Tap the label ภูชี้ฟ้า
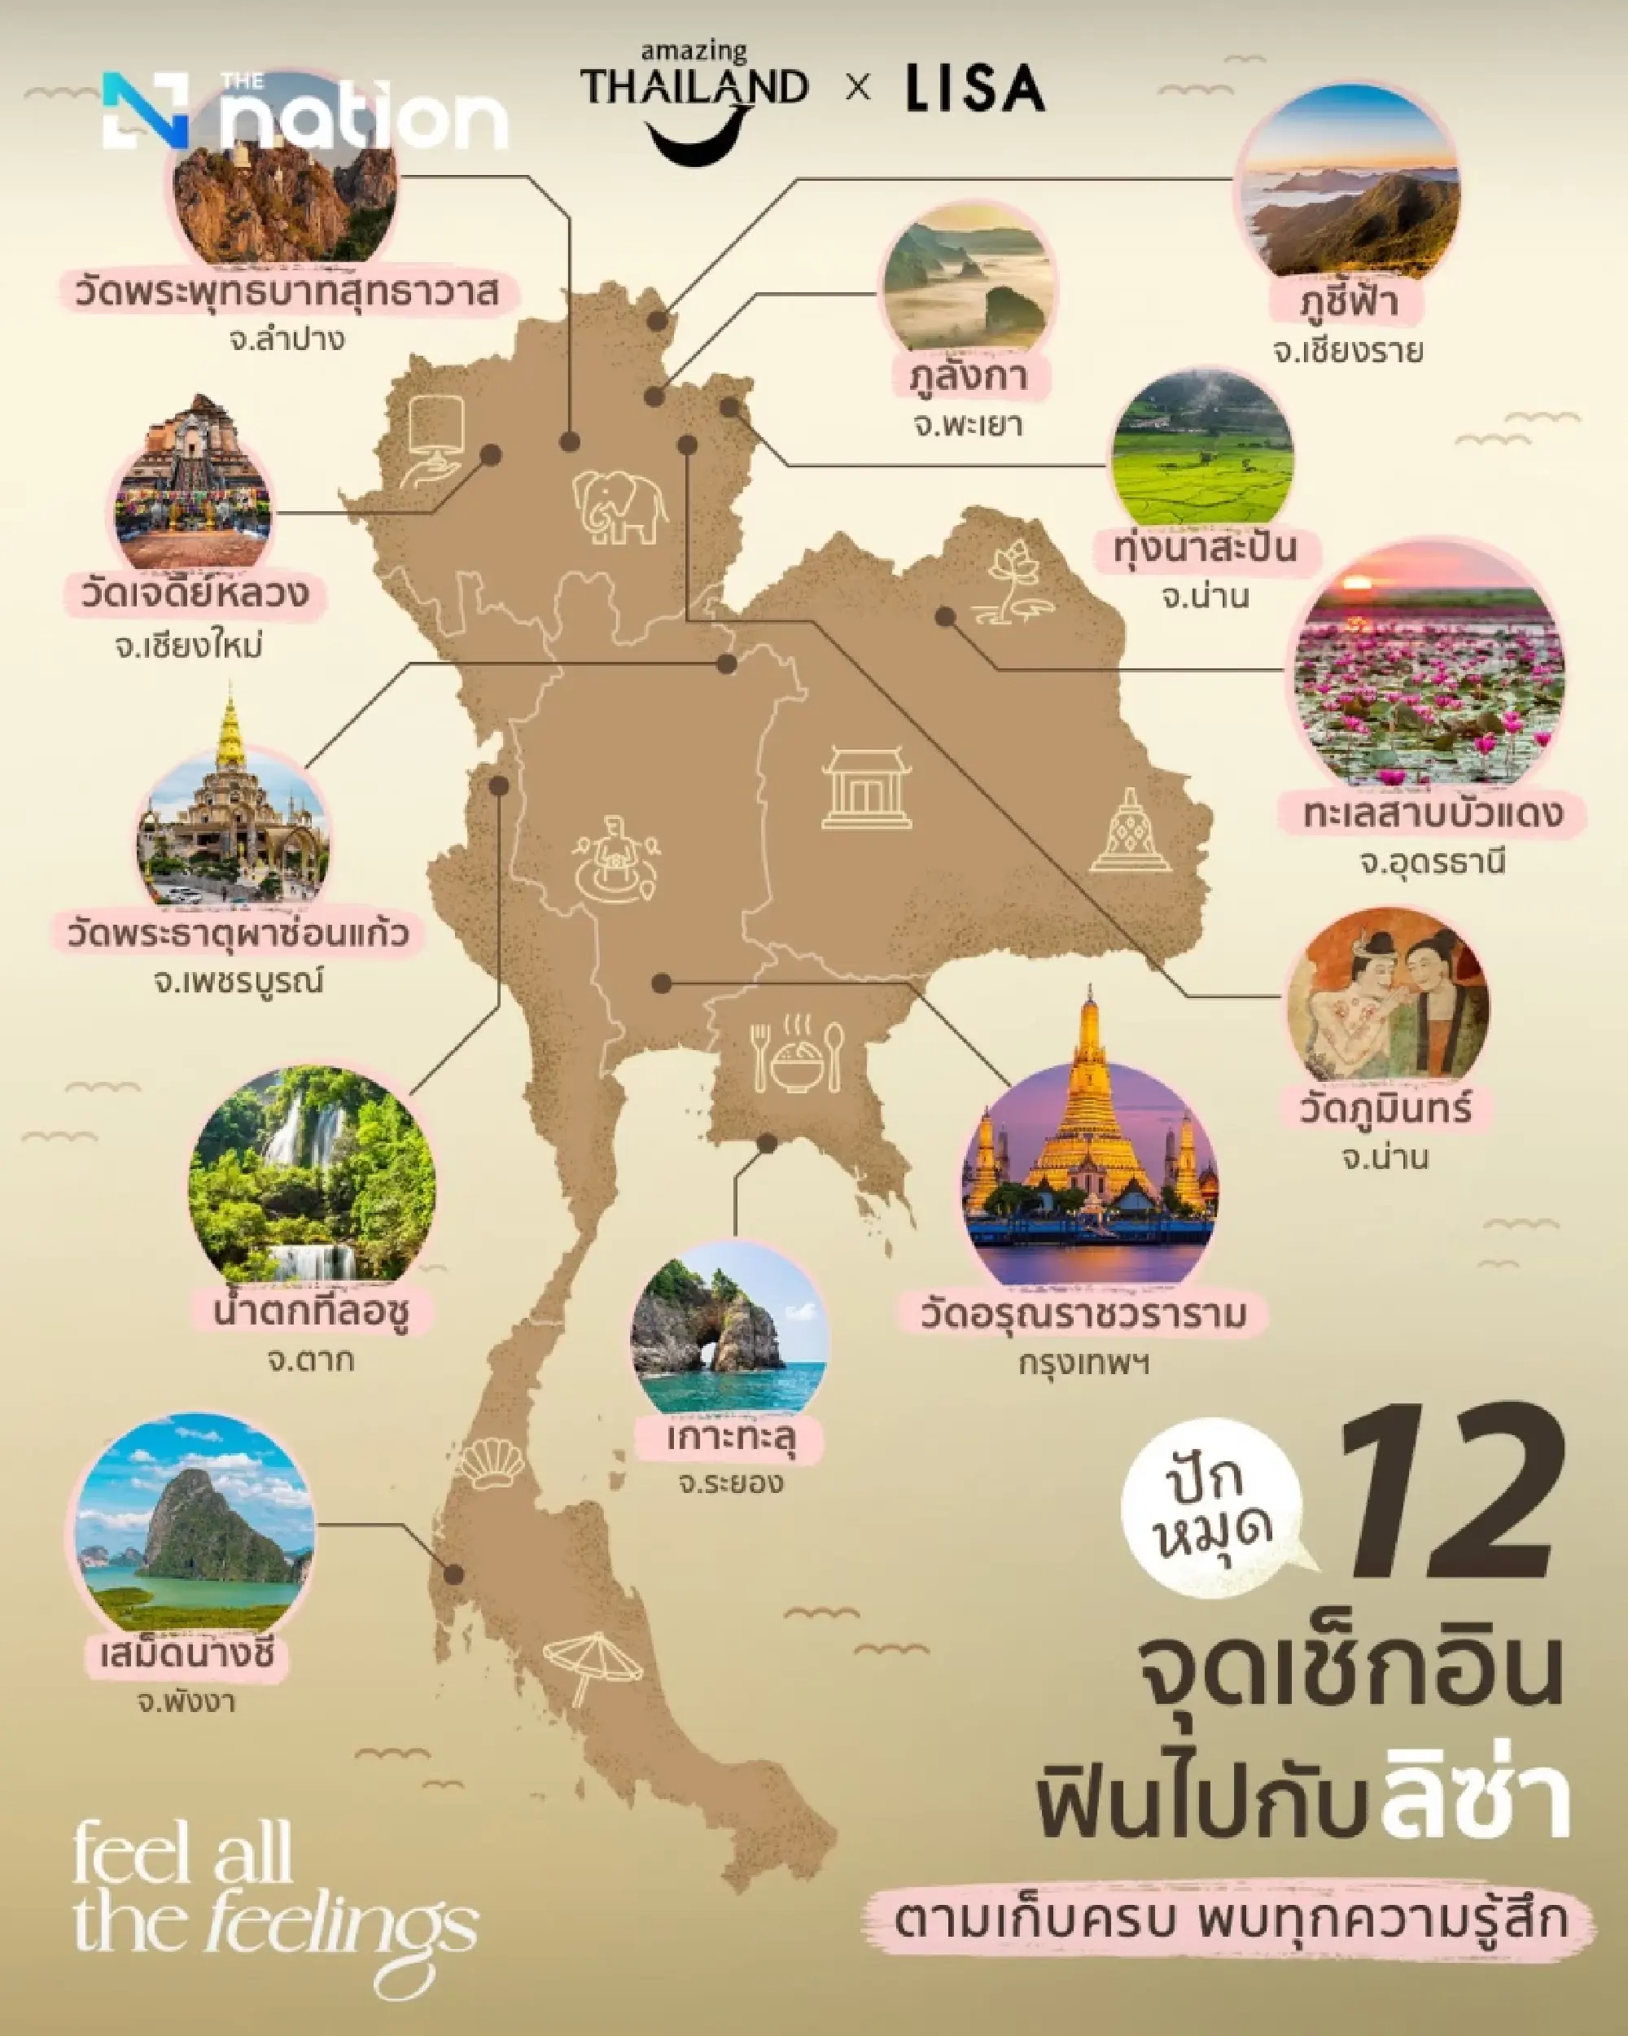coord(1347,302)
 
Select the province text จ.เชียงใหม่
coord(189,647)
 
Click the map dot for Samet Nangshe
coord(454,1574)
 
